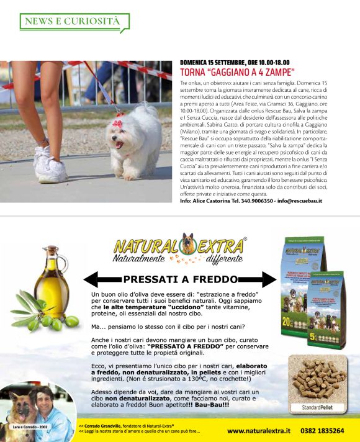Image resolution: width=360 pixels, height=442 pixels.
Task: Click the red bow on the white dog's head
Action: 117,123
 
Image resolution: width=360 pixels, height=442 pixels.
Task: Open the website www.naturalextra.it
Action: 259,430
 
